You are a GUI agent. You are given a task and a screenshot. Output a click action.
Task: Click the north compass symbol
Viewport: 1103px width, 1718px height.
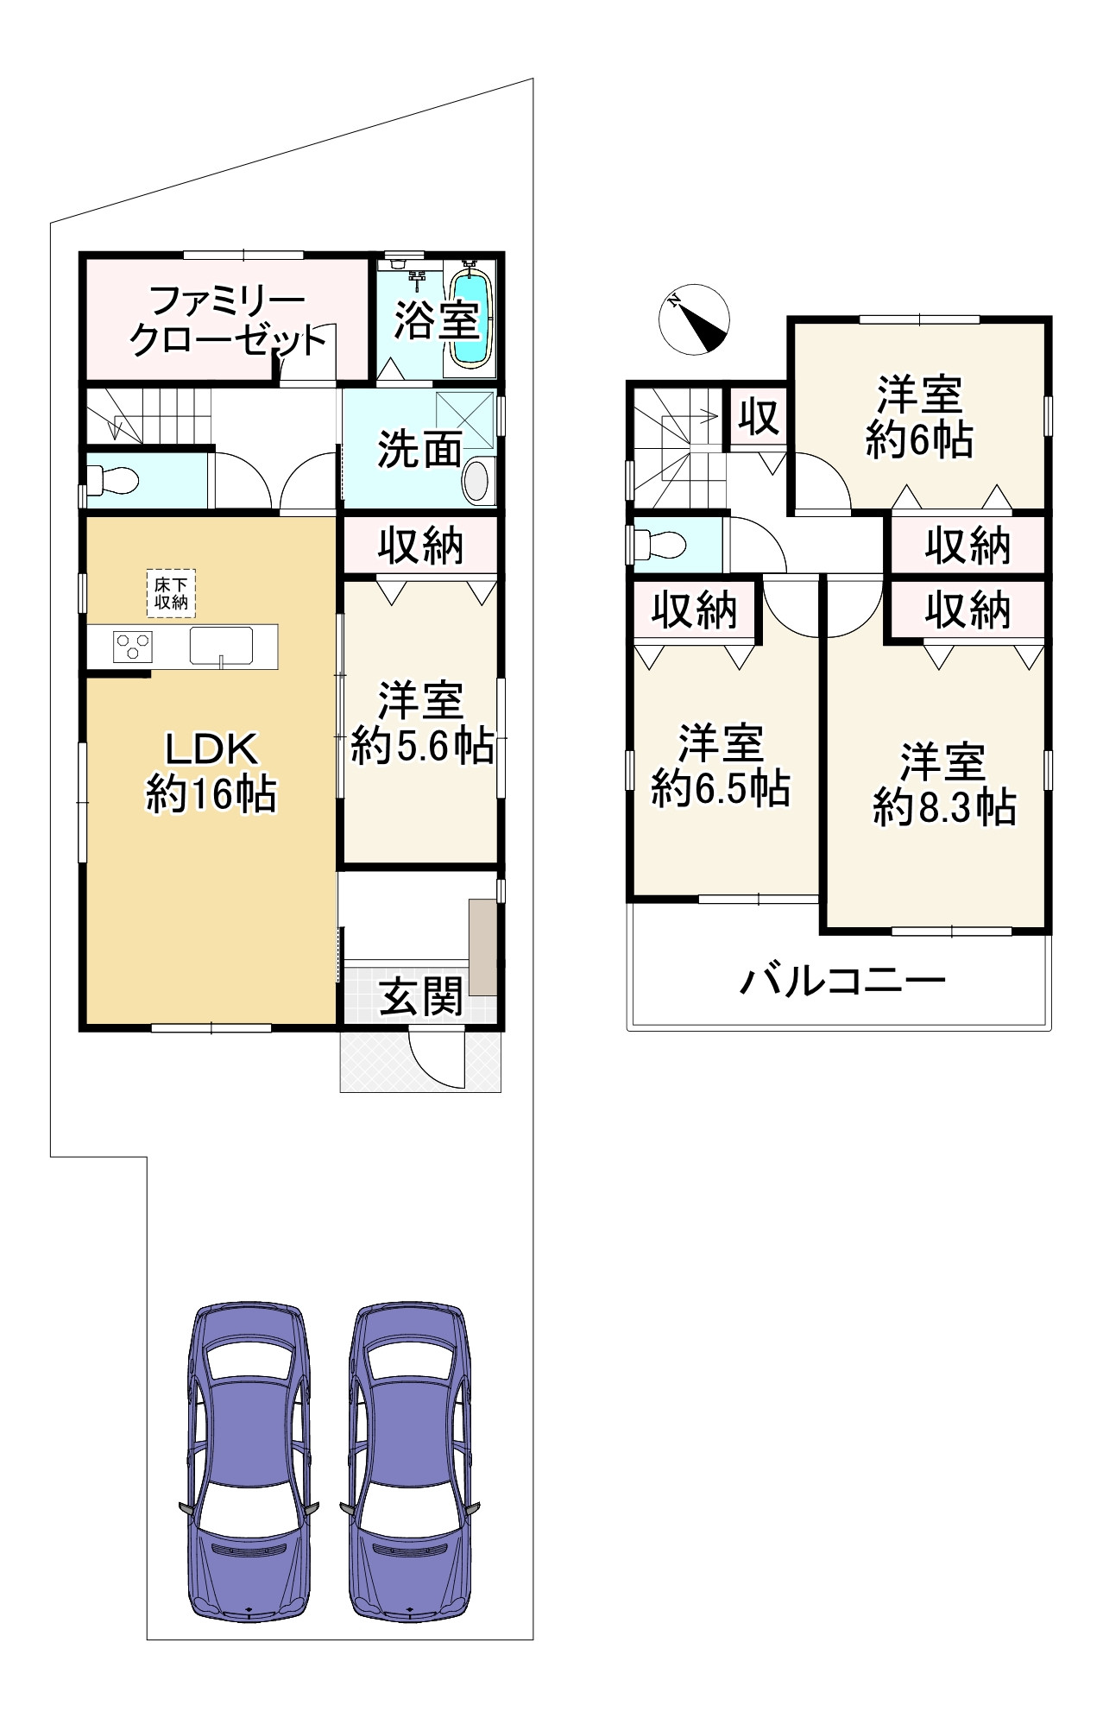click(x=694, y=319)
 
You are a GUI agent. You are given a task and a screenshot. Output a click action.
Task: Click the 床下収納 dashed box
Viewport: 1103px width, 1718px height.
click(x=171, y=593)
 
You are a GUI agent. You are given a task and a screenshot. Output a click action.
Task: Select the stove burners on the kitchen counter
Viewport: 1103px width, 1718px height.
click(x=133, y=646)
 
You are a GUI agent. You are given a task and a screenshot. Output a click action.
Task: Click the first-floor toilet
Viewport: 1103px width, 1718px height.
click(x=114, y=479)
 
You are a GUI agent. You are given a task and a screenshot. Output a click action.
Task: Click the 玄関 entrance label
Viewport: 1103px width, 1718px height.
click(x=421, y=996)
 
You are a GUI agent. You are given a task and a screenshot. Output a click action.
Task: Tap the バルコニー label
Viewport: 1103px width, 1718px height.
click(x=842, y=981)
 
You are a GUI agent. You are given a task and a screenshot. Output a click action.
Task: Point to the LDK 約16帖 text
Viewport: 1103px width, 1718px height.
click(x=211, y=771)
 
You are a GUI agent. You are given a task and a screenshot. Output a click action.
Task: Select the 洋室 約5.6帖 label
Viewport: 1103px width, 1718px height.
click(x=422, y=723)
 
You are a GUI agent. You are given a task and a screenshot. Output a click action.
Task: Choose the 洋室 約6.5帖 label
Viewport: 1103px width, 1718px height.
click(x=721, y=766)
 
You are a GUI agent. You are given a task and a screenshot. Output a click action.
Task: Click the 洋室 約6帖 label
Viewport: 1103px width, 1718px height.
click(x=919, y=416)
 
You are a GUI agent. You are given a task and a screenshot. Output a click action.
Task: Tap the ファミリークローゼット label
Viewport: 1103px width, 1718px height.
click(x=226, y=320)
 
